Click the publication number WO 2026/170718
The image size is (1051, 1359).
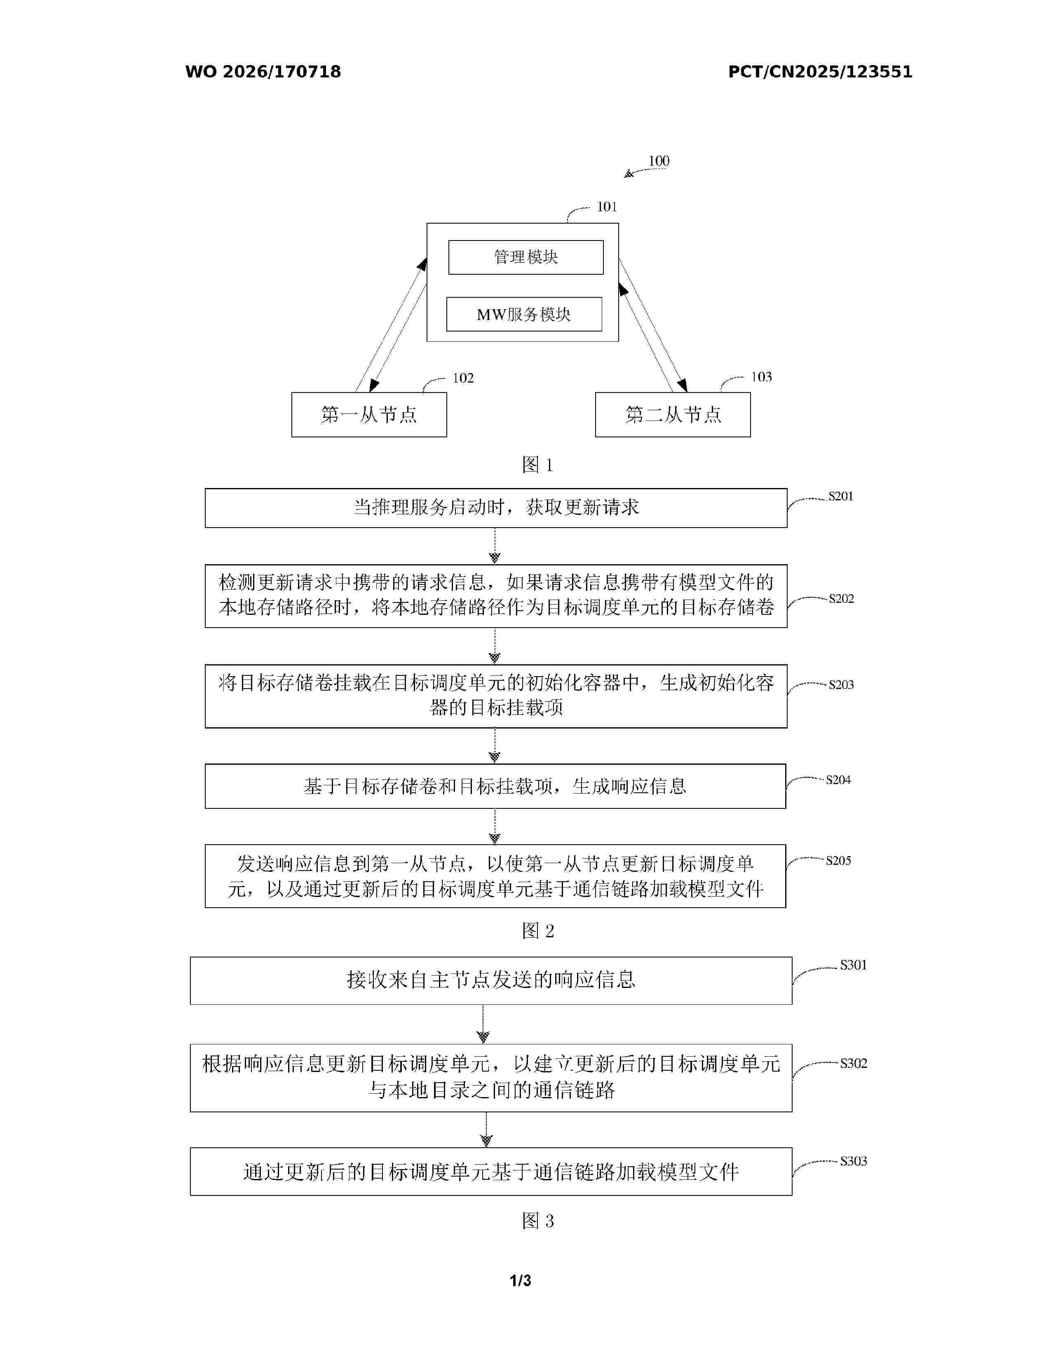(263, 72)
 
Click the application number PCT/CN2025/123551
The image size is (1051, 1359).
(820, 72)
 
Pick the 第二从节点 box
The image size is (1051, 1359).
(673, 414)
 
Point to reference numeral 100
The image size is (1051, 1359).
(659, 161)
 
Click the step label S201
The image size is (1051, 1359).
(840, 496)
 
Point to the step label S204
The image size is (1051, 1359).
(838, 780)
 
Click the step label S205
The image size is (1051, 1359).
(838, 861)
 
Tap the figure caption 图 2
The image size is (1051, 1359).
(538, 930)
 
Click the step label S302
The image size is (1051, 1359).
(854, 1063)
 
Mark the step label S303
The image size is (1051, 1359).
(854, 1161)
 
